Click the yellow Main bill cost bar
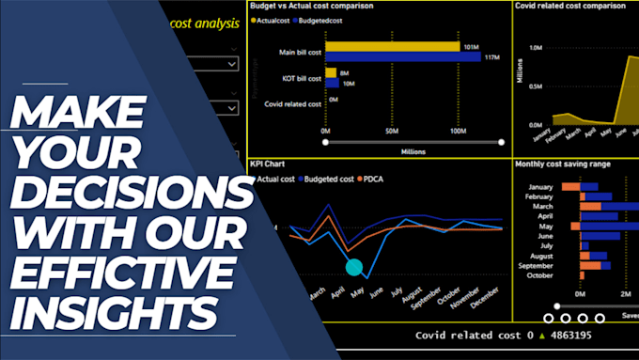tap(392, 45)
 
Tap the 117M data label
tap(489, 57)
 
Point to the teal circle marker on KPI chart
tap(354, 267)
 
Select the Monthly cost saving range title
tap(563, 164)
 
